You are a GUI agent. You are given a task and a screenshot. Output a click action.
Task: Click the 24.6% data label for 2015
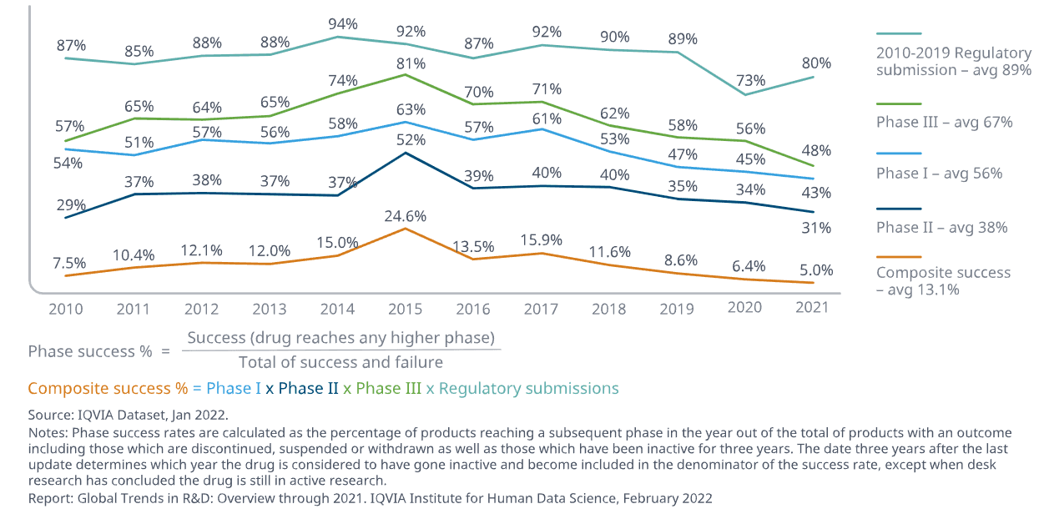[405, 216]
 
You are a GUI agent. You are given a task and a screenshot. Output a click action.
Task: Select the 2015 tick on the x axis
[405, 309]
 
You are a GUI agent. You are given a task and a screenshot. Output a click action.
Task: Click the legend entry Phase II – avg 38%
[941, 227]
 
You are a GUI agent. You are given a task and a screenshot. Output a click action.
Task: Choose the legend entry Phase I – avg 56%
[939, 173]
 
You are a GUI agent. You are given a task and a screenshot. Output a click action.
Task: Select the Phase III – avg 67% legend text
[944, 122]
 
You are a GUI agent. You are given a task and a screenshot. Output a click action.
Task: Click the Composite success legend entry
[943, 281]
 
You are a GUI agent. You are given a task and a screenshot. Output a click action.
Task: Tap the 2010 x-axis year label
[66, 309]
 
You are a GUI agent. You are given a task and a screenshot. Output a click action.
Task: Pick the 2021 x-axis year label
[812, 307]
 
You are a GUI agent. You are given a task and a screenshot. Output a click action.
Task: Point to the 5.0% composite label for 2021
[816, 270]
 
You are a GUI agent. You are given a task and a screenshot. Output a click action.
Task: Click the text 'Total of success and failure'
[340, 362]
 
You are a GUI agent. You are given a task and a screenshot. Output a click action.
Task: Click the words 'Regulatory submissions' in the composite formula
[528, 388]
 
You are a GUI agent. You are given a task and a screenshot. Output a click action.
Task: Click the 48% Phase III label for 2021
[815, 151]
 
